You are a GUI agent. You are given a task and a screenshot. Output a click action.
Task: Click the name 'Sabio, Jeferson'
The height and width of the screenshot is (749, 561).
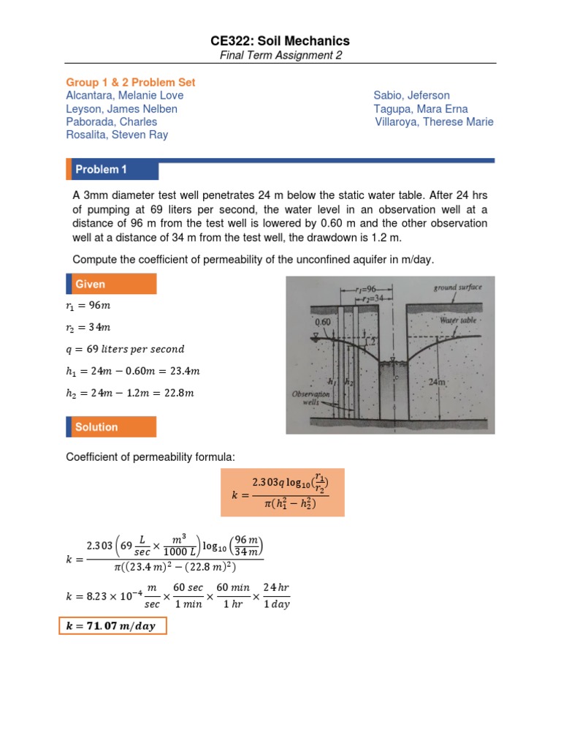[x=411, y=96]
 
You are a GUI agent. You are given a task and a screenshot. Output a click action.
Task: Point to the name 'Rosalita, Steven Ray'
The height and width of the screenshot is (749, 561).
[x=117, y=135]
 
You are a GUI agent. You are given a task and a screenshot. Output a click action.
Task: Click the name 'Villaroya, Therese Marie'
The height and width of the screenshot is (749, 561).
[x=434, y=122]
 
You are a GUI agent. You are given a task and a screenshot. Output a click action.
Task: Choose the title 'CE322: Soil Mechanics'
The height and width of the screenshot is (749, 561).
[x=280, y=41]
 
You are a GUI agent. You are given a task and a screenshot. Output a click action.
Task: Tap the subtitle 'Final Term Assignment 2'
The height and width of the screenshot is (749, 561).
[x=280, y=56]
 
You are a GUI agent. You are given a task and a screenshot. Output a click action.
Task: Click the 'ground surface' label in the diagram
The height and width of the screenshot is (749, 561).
[x=457, y=287]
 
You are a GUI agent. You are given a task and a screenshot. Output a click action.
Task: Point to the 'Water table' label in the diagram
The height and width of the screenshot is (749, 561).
[x=458, y=320]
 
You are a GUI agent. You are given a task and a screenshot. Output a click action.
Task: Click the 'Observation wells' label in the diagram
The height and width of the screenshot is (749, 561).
[x=313, y=398]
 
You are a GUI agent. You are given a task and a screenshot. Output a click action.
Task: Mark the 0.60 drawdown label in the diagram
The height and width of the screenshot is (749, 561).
[x=323, y=322]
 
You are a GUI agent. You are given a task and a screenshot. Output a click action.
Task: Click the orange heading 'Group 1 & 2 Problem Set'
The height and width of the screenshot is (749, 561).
[x=131, y=83]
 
